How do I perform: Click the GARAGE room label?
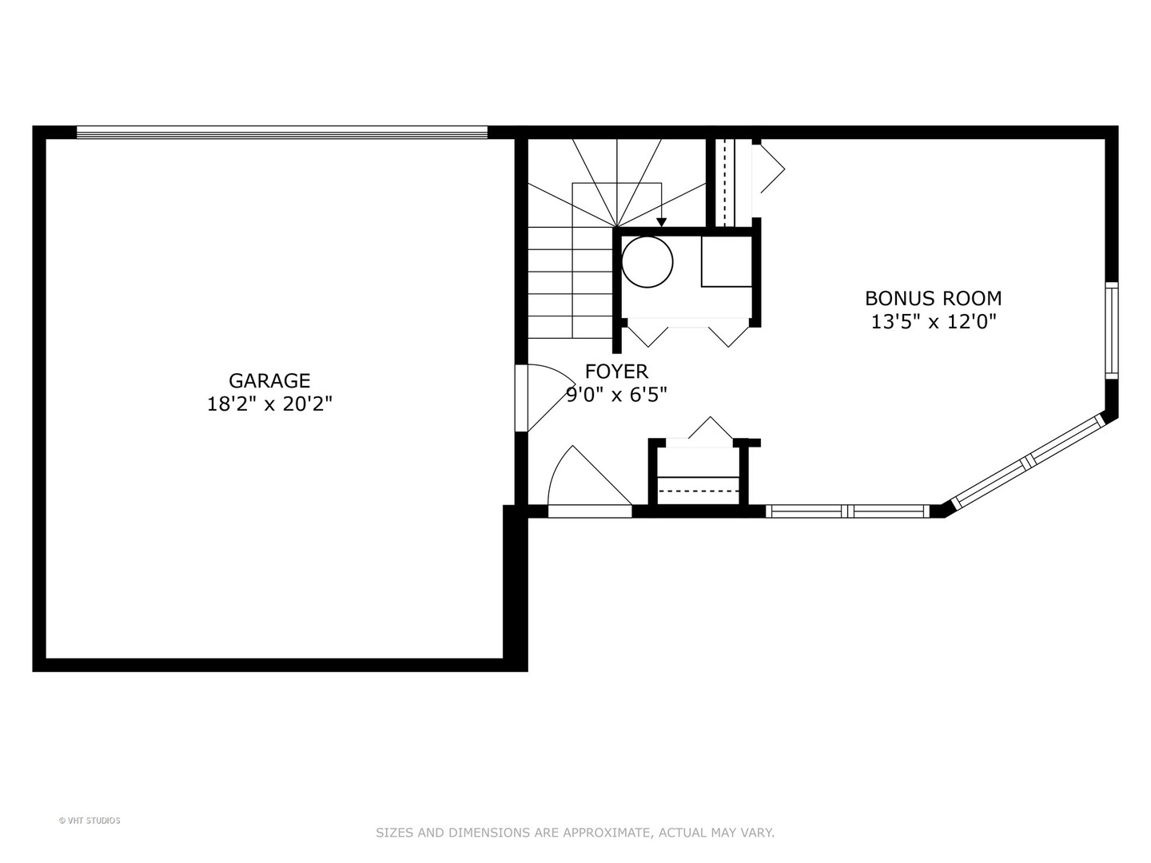pyautogui.click(x=269, y=381)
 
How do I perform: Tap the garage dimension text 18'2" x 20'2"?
pyautogui.click(x=269, y=404)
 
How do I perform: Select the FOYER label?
pyautogui.click(x=616, y=372)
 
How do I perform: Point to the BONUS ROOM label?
pyautogui.click(x=933, y=299)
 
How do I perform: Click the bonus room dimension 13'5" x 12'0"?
pyautogui.click(x=933, y=322)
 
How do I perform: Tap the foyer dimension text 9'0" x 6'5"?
pyautogui.click(x=616, y=395)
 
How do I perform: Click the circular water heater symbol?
pyautogui.click(x=647, y=261)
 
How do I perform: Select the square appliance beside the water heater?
pyautogui.click(x=726, y=261)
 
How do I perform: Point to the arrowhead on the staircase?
pyautogui.click(x=661, y=222)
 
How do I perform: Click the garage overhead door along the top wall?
pyautogui.click(x=281, y=133)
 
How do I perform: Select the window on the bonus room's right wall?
pyautogui.click(x=1111, y=330)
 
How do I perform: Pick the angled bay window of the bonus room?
pyautogui.click(x=1028, y=463)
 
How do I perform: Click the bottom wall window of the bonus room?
pyautogui.click(x=847, y=511)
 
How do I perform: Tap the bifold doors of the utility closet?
pyautogui.click(x=687, y=332)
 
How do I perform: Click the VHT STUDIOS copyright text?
pyautogui.click(x=90, y=821)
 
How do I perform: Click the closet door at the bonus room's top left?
pyautogui.click(x=769, y=168)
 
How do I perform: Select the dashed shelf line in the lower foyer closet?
pyautogui.click(x=698, y=490)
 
